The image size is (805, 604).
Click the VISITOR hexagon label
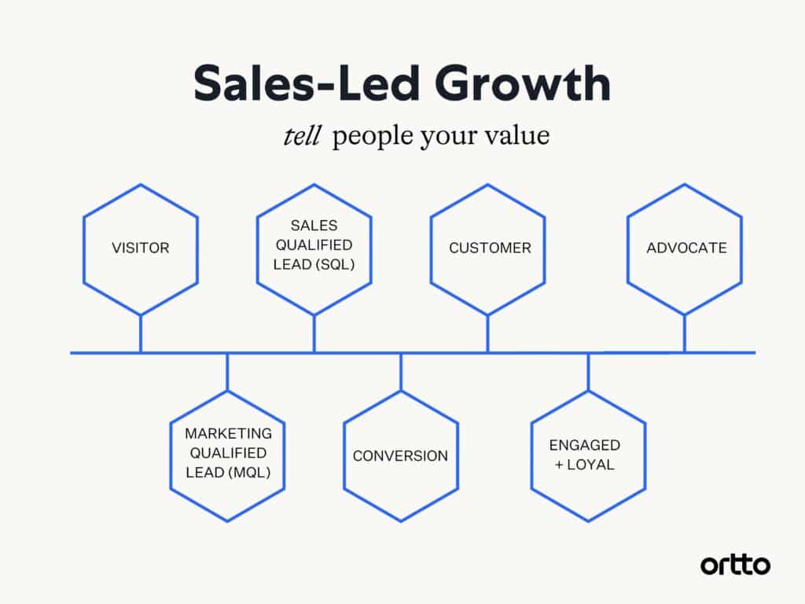coord(141,248)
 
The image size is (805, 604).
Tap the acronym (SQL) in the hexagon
coord(334,264)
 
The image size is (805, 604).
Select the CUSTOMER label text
coord(490,248)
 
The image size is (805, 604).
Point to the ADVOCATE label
coord(686,248)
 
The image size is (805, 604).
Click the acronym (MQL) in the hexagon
coord(249,473)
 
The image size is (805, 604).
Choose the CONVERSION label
coord(400,456)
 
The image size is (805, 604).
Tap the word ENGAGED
coord(585,445)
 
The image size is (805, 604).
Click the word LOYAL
coord(590,465)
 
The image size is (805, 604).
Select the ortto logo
coord(735,565)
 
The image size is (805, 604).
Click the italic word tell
coord(302,136)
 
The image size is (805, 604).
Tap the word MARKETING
coord(229,433)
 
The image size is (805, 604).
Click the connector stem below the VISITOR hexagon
coord(141,333)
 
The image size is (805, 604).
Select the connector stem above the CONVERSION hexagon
coord(401,372)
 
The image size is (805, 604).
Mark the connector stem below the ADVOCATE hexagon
coord(685,333)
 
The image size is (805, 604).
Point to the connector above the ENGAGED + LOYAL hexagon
coord(588,372)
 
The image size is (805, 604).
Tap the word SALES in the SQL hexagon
coord(314,226)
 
